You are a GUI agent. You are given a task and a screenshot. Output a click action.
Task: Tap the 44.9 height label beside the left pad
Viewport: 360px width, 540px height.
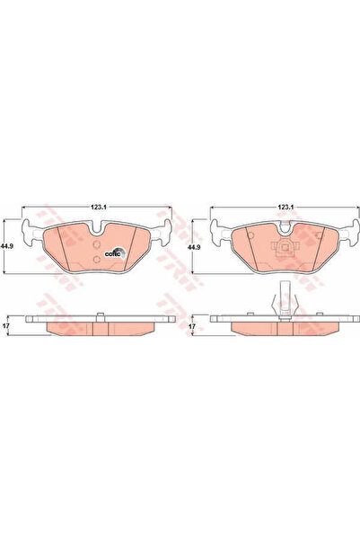pos(8,247)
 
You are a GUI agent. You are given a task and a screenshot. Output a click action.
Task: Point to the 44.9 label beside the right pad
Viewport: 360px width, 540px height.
pos(192,247)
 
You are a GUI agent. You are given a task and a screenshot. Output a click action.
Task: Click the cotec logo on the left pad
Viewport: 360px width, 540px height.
pos(114,252)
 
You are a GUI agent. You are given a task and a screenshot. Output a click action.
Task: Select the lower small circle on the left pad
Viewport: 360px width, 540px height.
pos(96,260)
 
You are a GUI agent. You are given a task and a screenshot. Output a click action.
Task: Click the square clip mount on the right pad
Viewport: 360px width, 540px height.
pos(285,251)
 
